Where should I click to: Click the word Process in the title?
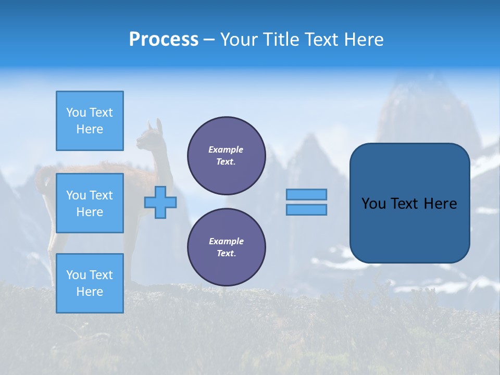(164, 40)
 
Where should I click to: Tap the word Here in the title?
(363, 40)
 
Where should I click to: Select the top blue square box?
(90, 121)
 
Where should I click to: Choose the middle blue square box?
(90, 203)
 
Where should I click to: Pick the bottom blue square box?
(90, 283)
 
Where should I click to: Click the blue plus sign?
(160, 202)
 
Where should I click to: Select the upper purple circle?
(227, 156)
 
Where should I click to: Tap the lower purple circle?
(227, 247)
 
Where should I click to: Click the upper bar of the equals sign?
(306, 194)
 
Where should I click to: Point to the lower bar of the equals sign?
(306, 209)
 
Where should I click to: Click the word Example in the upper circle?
(226, 149)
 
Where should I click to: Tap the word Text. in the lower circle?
(227, 254)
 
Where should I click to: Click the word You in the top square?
(76, 113)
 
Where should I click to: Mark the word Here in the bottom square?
(90, 292)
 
